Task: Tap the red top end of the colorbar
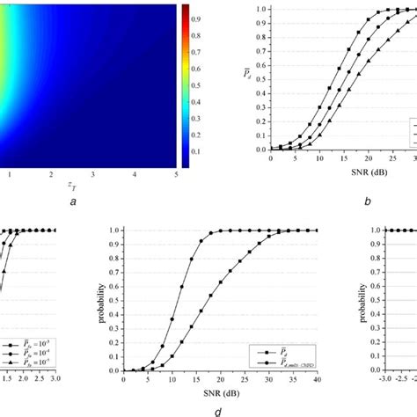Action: pyautogui.click(x=186, y=8)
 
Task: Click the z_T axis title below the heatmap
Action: pyautogui.click(x=92, y=187)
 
